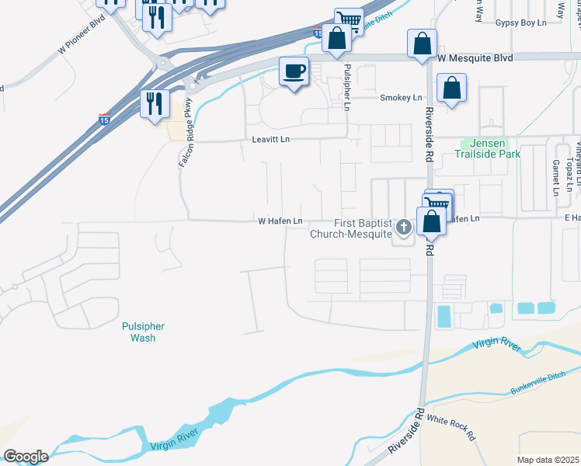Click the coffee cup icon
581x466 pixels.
tap(294, 72)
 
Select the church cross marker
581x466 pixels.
tap(403, 228)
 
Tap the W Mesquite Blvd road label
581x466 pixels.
tap(475, 57)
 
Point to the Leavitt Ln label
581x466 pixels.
tap(270, 139)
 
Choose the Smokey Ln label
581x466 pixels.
tap(401, 97)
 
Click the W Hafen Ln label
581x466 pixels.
tap(280, 221)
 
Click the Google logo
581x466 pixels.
tap(26, 457)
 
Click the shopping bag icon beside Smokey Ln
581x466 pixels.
tap(451, 89)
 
